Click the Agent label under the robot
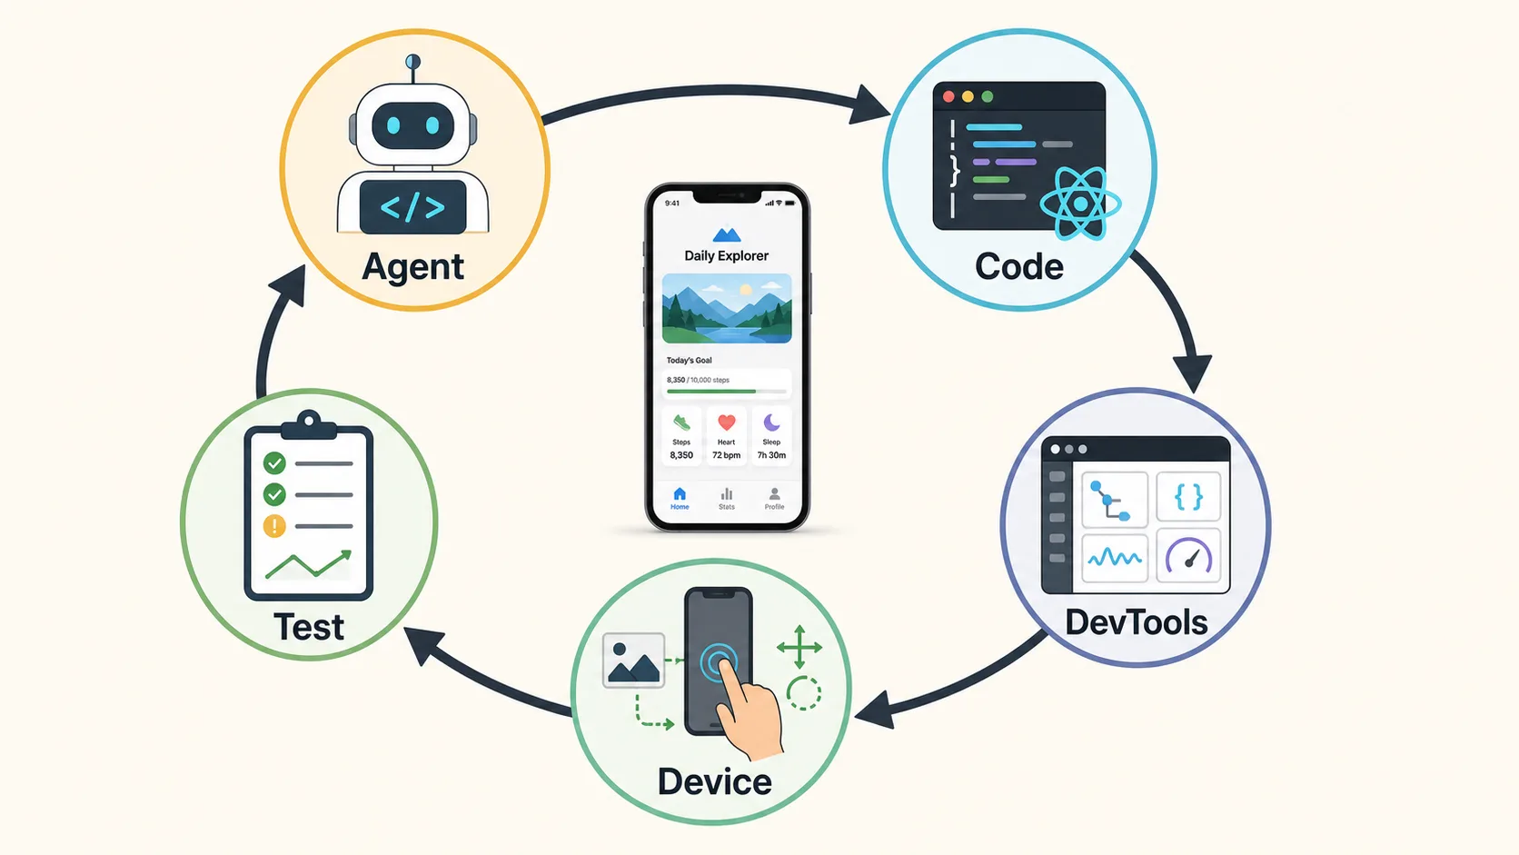point(413,266)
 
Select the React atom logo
point(1079,204)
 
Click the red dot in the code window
point(948,97)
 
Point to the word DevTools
point(1137,621)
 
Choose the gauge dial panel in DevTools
point(1188,556)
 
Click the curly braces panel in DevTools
point(1188,497)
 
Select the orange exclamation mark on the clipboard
point(274,525)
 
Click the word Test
point(309,627)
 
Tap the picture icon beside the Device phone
point(633,661)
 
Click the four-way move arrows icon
point(799,647)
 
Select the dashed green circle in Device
point(804,692)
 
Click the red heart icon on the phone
point(726,423)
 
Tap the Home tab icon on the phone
point(680,493)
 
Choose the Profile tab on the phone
point(774,498)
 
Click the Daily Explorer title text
point(726,255)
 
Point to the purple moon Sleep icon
point(771,423)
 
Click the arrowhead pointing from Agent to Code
point(870,105)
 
